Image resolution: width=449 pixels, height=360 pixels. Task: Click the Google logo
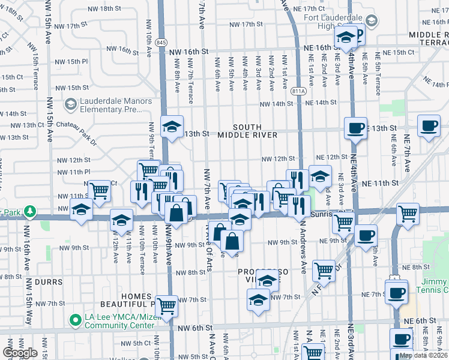click(x=20, y=353)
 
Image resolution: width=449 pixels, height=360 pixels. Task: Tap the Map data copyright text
click(x=424, y=355)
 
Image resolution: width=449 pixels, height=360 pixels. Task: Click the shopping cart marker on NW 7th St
click(x=167, y=305)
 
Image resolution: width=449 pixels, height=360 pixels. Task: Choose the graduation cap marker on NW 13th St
click(x=172, y=127)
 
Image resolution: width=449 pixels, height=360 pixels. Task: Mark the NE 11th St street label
click(x=381, y=182)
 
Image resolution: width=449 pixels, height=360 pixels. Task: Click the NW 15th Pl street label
click(x=71, y=62)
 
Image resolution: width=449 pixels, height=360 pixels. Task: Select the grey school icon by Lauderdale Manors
click(x=71, y=105)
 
